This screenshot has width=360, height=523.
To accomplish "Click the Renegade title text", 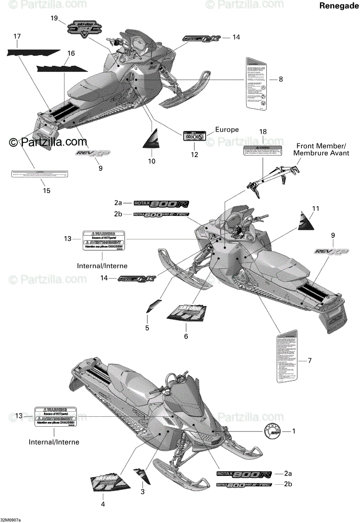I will pos(337,6).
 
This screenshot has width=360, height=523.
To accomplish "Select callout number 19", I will pos(54,18).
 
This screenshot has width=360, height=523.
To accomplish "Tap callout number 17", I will pos(17,36).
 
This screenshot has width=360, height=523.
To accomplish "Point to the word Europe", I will pos(227,129).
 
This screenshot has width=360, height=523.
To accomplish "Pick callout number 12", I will pos(194,154).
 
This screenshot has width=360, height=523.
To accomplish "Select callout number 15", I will pos(46,190).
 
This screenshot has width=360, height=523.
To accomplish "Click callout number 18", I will pos(263,132).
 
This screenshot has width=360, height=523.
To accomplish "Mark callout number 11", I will pos(315,209).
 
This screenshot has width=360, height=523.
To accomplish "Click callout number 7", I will pos(309,360).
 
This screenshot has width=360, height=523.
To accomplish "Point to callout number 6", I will pos(186,336).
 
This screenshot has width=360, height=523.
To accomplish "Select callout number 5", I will pos(147,328).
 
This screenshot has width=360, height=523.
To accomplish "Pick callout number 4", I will pos(103,504).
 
